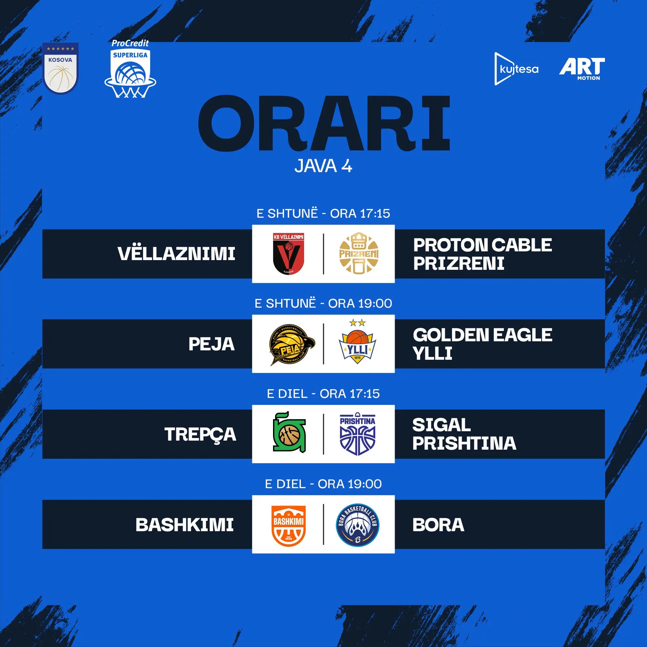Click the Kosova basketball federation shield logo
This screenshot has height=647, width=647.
coord(60,68)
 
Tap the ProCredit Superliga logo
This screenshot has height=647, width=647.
coord(130,69)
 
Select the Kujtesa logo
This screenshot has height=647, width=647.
coord(516,69)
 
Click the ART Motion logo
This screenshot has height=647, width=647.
coord(582,69)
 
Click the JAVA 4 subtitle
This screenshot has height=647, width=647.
coord(323,166)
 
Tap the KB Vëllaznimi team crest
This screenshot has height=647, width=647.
coord(288,254)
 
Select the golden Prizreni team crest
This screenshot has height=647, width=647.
coord(359,254)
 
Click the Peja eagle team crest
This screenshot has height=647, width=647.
coord(292,344)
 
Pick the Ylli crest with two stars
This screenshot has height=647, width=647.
coord(357,342)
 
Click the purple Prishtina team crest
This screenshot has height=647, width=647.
coord(357,434)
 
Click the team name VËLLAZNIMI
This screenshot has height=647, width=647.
coord(176,253)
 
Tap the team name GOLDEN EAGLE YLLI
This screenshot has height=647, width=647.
coord(482,344)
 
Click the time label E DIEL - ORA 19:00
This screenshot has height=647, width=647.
coord(323,484)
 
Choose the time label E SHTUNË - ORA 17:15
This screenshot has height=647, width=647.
coord(323,213)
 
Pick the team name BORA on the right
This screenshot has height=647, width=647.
coord(438,525)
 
